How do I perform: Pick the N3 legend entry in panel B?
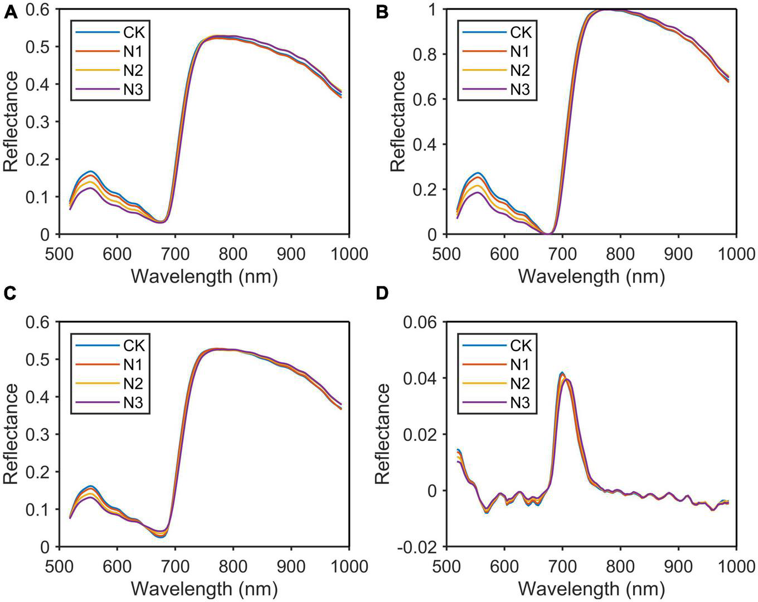520,89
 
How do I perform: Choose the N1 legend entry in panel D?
520,365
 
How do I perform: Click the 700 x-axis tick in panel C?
175,566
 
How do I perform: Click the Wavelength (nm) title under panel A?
204,276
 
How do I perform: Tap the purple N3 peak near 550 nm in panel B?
477,192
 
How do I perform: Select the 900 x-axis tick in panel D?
678,566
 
